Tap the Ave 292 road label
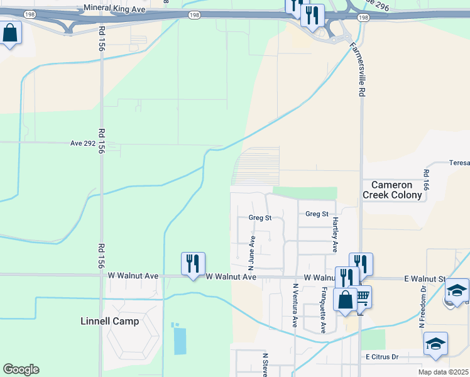tap(85, 143)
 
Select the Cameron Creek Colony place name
tap(392, 190)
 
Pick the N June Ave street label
tap(253, 248)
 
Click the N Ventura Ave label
tap(294, 305)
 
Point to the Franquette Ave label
tap(323, 310)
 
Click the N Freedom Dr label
tap(422, 307)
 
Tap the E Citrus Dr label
tap(382, 357)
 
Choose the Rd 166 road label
tap(426, 180)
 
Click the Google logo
tap(21, 369)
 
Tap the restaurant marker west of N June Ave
tap(193, 264)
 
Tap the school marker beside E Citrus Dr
tap(435, 344)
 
